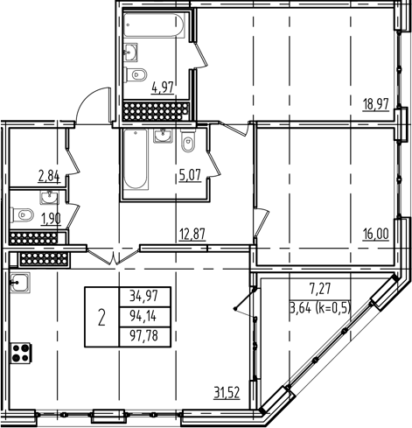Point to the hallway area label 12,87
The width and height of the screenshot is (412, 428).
(x=192, y=234)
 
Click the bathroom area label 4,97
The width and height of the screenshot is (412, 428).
(x=164, y=87)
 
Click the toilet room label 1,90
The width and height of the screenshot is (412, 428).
(x=52, y=217)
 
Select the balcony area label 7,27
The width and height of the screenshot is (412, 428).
(x=319, y=286)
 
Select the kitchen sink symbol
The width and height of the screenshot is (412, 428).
(x=20, y=282)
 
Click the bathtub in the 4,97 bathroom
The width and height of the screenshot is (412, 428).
(x=153, y=26)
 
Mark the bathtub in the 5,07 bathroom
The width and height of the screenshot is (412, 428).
(x=136, y=163)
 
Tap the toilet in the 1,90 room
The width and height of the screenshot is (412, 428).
(x=24, y=214)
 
